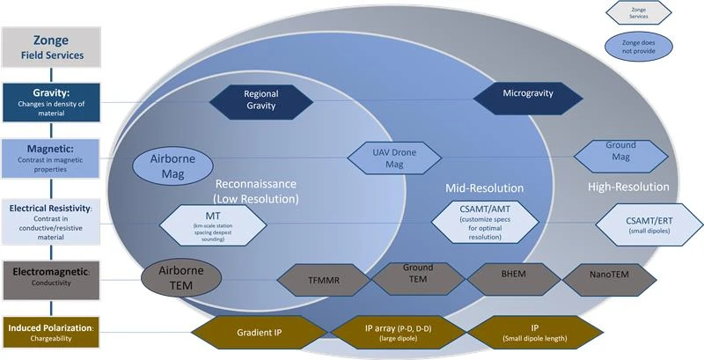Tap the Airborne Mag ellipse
click(x=172, y=165)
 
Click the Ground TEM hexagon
click(x=417, y=277)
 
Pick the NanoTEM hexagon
click(x=609, y=279)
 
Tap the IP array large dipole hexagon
click(x=396, y=334)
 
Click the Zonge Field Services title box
click(x=58, y=48)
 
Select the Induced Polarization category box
click(x=57, y=334)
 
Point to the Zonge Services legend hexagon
click(x=639, y=12)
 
